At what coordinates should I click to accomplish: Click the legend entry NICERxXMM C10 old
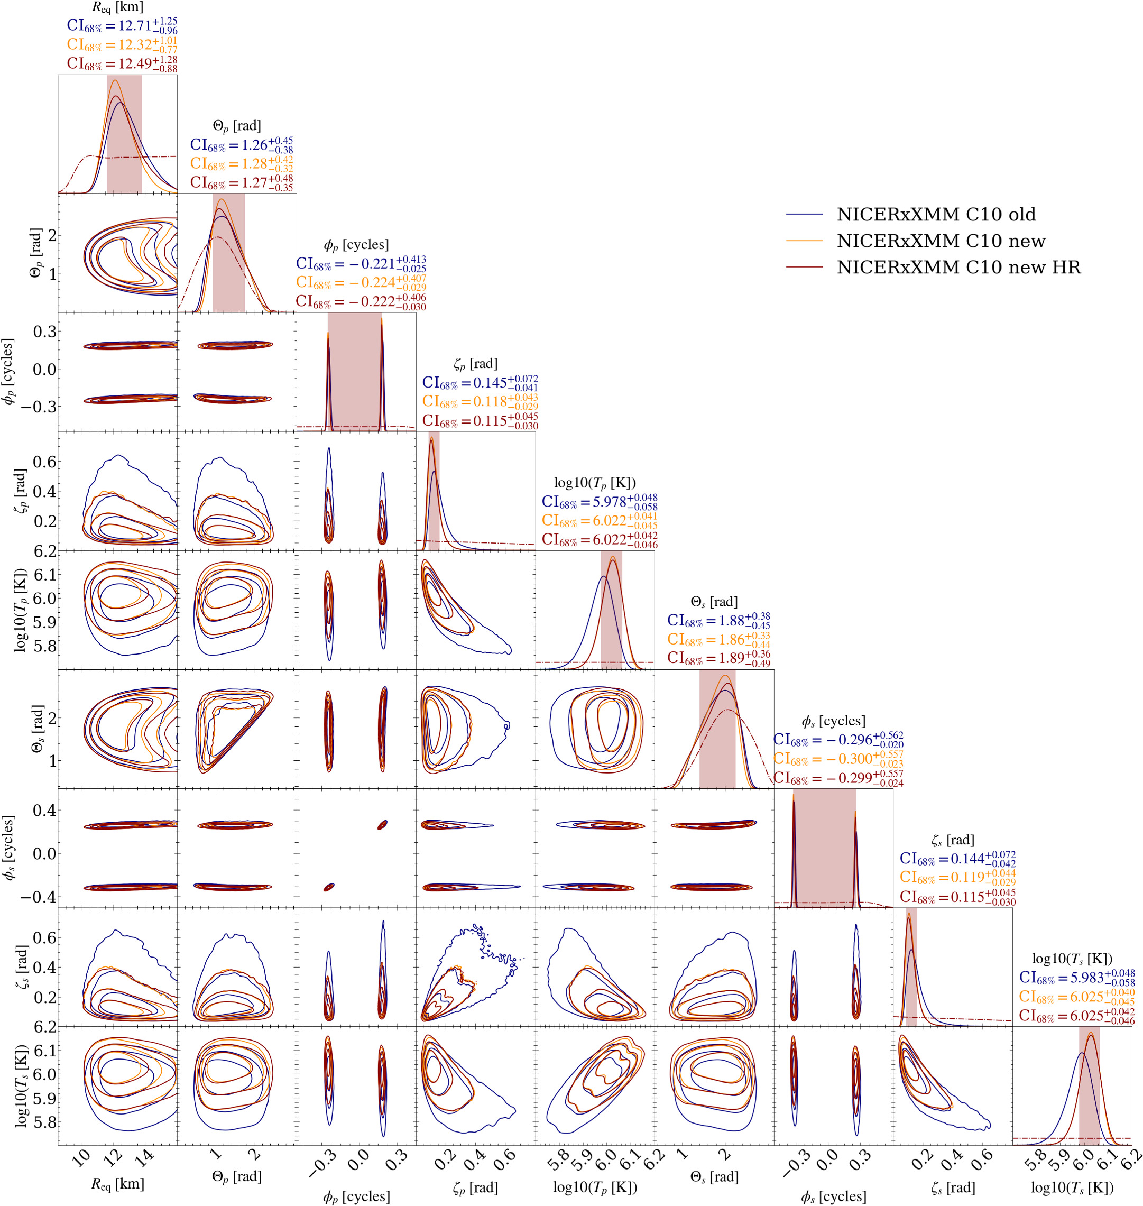coord(936,215)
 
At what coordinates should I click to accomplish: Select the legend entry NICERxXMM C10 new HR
coord(958,268)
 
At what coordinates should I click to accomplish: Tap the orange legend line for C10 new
coord(804,241)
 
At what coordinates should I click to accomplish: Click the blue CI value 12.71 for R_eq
coord(122,25)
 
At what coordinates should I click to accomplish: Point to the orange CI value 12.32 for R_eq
coord(122,44)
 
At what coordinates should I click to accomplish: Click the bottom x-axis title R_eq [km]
coord(117,1184)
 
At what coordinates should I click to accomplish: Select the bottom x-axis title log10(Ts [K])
coord(1072,1187)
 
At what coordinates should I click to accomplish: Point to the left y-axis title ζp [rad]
coord(20,491)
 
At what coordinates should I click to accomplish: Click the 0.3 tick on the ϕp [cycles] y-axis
coord(44,332)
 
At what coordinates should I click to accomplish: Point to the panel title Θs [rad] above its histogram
coord(714,602)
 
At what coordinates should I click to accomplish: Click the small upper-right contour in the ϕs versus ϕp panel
coord(382,825)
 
